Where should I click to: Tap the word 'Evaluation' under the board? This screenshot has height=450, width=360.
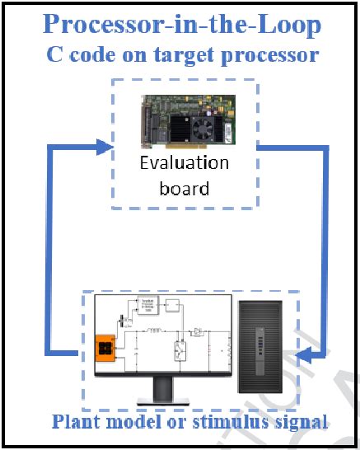pos(183,162)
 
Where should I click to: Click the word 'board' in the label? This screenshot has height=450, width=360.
pos(183,188)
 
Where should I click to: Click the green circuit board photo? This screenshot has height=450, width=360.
pos(183,121)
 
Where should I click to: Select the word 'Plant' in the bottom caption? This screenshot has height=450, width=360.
pos(74,422)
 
